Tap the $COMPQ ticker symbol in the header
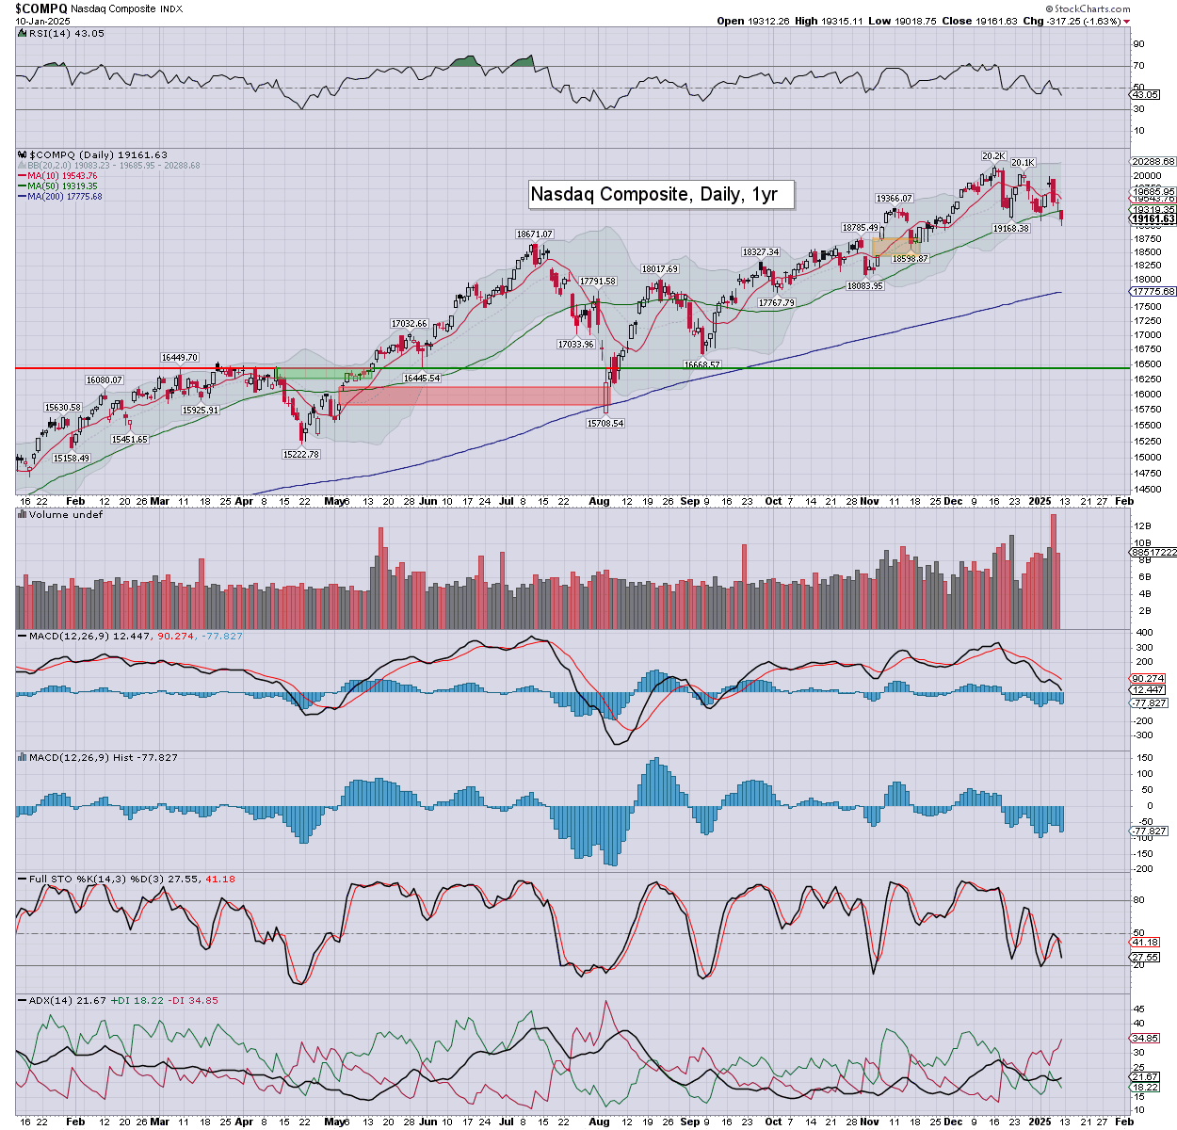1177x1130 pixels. (x=40, y=8)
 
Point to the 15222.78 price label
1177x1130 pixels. (x=300, y=454)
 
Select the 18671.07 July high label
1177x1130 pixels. (x=534, y=234)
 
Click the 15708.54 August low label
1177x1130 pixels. (x=605, y=424)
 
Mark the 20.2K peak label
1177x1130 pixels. (x=993, y=156)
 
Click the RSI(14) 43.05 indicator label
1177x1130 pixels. (x=61, y=34)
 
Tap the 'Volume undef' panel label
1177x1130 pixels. (x=65, y=515)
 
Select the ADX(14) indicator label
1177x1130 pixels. (x=51, y=1000)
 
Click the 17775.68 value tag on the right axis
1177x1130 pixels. (x=1153, y=292)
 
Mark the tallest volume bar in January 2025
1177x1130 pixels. (x=1054, y=571)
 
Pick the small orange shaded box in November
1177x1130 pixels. (x=895, y=247)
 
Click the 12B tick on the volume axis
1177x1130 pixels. (x=1143, y=525)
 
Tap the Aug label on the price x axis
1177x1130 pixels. (x=599, y=502)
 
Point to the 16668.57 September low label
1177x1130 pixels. (x=701, y=365)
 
